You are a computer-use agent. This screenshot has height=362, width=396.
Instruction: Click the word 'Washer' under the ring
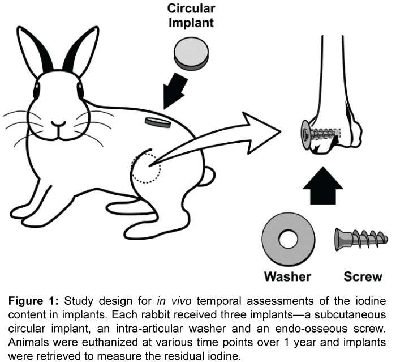[288, 276]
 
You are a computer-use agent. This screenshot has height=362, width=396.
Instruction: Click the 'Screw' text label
[363, 276]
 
